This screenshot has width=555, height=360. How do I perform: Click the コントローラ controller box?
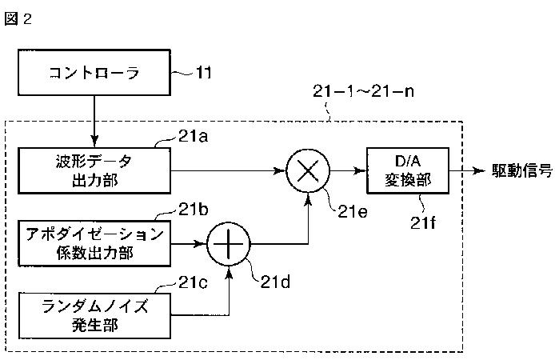94,73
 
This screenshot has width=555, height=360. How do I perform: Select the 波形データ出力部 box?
94,171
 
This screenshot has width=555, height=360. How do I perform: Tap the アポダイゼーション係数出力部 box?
94,243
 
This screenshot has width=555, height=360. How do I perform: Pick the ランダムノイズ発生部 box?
94,315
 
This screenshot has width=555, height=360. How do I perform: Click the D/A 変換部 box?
408,170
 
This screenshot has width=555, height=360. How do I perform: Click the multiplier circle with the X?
308,171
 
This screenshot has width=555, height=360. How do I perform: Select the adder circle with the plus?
229,244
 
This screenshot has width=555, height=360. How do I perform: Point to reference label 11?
203,73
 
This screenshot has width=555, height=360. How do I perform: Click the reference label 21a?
193,136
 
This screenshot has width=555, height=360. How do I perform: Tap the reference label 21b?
193,210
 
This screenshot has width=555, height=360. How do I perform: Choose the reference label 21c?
193,282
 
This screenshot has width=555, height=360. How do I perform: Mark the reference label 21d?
275,282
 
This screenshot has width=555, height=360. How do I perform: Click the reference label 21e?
353,212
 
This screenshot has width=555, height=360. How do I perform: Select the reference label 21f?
423,222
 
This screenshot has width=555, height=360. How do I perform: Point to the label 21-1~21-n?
364,91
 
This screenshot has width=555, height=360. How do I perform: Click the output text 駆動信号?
522,170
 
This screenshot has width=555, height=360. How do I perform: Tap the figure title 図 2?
18,18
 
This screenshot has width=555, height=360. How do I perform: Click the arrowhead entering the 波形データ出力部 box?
94,142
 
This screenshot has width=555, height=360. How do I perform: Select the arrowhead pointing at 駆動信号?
479,171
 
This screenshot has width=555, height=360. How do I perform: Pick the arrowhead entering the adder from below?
229,273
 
